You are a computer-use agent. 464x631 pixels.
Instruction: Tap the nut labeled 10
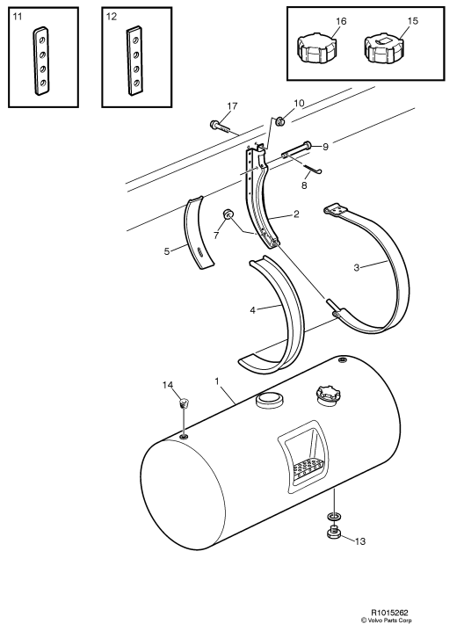click(280, 121)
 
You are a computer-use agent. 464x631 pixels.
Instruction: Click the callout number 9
click(324, 146)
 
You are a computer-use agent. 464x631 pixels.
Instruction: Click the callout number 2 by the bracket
click(297, 214)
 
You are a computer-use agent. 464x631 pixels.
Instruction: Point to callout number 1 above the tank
click(216, 381)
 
